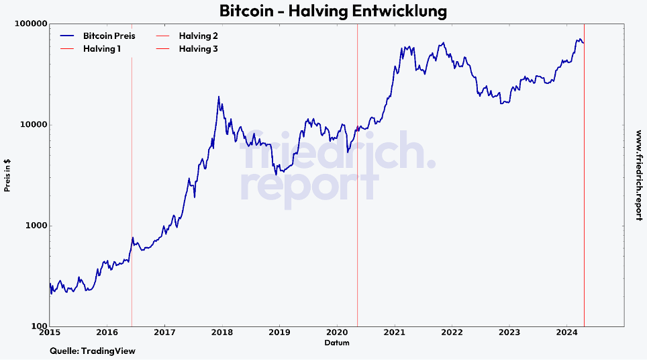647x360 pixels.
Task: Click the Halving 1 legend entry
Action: click(101, 49)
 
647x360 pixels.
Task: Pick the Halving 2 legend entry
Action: click(198, 36)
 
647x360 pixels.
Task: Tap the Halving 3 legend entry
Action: click(198, 49)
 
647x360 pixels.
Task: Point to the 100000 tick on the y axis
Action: click(31, 24)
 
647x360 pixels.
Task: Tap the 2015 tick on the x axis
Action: click(50, 332)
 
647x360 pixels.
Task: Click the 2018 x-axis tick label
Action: click(222, 332)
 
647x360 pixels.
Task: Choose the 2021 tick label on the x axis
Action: click(395, 332)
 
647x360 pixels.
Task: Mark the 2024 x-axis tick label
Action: click(567, 332)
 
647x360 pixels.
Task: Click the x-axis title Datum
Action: click(336, 343)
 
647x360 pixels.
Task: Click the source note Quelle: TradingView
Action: click(93, 351)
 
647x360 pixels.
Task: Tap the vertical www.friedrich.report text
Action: click(638, 175)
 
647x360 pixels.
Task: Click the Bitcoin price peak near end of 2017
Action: click(219, 97)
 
